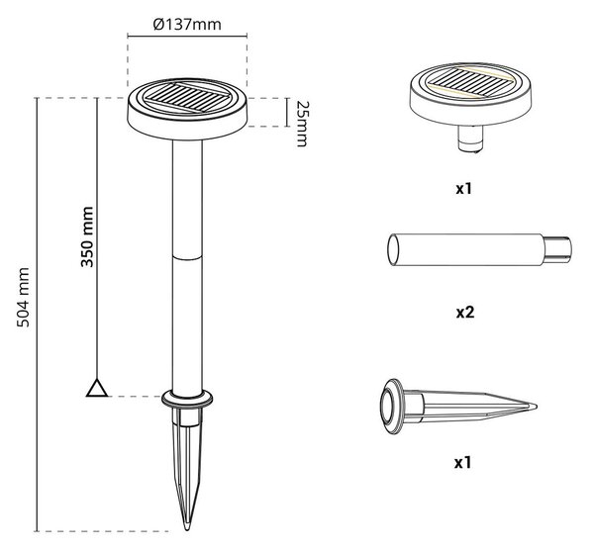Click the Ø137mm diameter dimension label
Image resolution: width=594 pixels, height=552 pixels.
(x=187, y=25)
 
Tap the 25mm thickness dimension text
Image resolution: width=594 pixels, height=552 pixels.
(x=302, y=124)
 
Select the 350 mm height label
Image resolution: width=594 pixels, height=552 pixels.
(x=87, y=236)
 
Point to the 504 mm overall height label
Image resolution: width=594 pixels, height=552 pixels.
(x=23, y=297)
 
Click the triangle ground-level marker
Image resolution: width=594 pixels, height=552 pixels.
(x=97, y=388)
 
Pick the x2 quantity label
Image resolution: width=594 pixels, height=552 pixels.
(x=465, y=313)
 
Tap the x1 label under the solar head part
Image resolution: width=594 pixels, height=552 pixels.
(x=463, y=188)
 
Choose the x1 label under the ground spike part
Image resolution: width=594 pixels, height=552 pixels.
(x=463, y=462)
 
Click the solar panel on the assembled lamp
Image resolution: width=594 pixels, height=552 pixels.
(x=188, y=97)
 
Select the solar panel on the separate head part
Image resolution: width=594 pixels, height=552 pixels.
(x=470, y=82)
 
